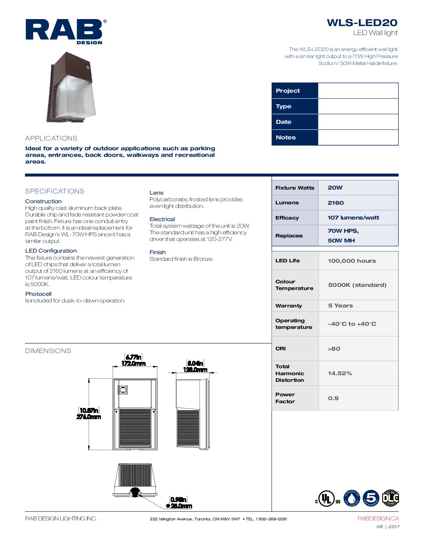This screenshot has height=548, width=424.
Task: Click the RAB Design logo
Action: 65,31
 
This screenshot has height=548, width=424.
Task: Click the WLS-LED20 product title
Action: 362,23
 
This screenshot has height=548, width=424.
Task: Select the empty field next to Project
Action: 358,91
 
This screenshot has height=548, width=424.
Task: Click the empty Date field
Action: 358,122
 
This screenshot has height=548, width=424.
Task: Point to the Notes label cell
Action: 295,137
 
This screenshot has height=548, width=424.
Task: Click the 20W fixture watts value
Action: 335,188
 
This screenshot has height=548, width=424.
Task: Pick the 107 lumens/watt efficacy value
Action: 353,218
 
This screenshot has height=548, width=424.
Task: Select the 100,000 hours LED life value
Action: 352,261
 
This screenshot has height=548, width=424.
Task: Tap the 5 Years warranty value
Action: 340,306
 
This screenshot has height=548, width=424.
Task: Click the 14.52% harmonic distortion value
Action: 340,373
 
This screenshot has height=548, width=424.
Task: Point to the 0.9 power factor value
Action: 333,398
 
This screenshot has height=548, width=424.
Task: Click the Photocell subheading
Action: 38,294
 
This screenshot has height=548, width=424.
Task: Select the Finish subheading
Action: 157,252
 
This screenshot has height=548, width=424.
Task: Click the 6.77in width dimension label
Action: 133,357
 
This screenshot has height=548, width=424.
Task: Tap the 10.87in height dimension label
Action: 89,410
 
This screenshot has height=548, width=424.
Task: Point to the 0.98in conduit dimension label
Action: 179,499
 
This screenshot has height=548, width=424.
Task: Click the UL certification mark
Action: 327,499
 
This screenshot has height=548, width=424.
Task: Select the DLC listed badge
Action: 390,498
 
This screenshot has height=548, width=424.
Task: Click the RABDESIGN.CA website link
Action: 378,518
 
